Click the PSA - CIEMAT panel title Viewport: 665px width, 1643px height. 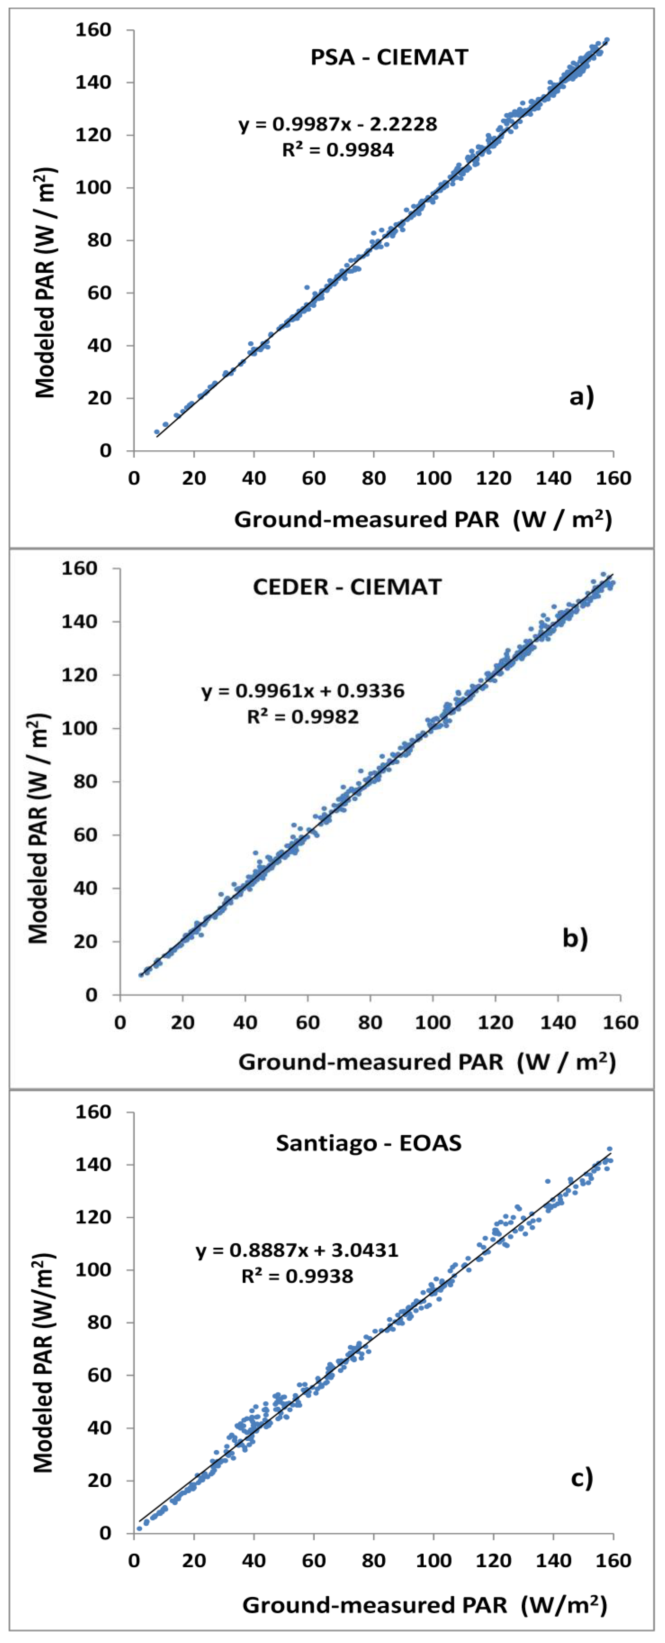[x=389, y=57]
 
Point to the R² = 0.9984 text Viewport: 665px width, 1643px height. [x=338, y=150]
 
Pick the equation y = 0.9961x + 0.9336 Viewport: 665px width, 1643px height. [x=303, y=691]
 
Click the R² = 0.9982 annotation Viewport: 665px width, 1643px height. [x=303, y=717]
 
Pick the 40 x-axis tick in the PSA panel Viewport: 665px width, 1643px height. [x=254, y=478]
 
